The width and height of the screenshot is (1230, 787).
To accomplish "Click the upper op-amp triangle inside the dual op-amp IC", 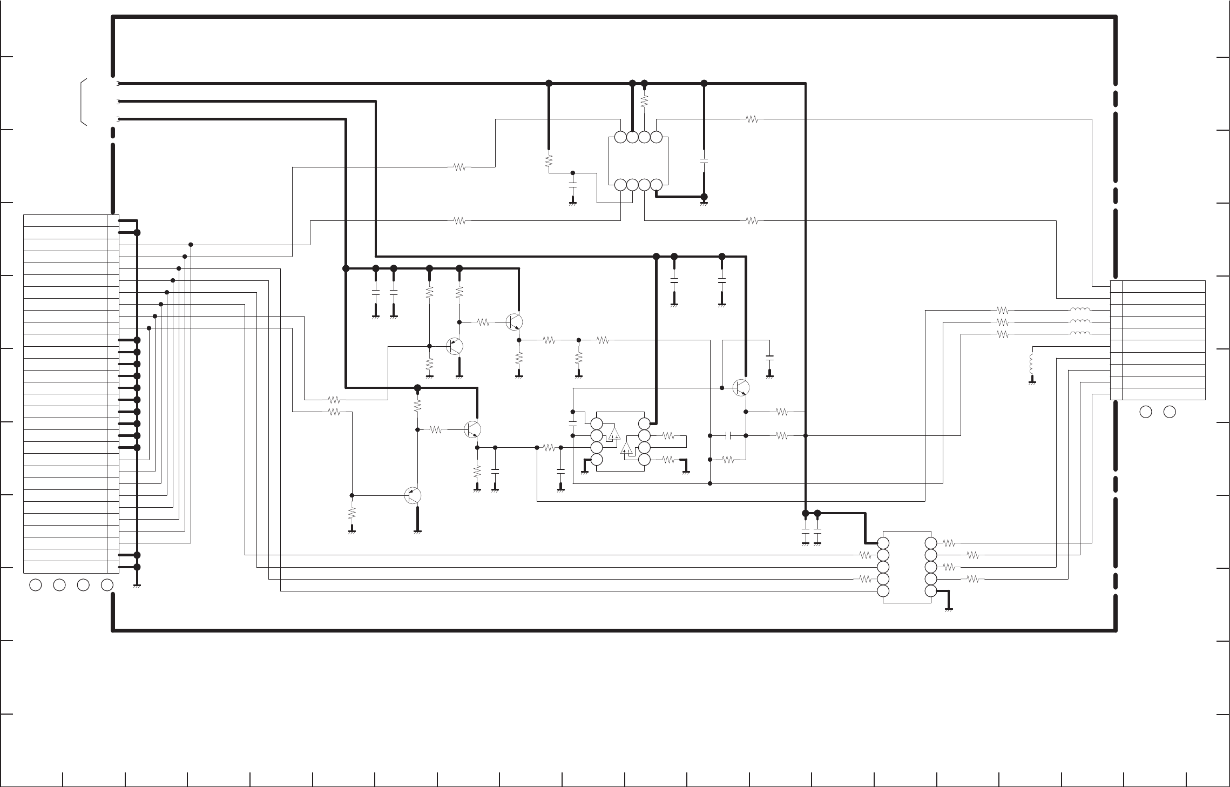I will [x=614, y=434].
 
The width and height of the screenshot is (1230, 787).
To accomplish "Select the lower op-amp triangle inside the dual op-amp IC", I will [x=627, y=448].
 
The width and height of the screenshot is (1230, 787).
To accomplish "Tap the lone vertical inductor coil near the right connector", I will [x=1032, y=364].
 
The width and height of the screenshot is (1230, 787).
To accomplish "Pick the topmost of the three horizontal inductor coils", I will [x=1080, y=310].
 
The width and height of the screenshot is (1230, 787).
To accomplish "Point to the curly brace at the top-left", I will [x=84, y=102].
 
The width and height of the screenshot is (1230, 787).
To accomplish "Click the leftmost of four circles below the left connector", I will [x=36, y=584].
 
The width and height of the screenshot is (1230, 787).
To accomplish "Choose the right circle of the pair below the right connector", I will [x=1170, y=412].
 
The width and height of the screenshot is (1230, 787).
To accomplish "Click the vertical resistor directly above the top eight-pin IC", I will [x=644, y=101].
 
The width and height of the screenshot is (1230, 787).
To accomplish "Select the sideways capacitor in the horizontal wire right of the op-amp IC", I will [x=728, y=435].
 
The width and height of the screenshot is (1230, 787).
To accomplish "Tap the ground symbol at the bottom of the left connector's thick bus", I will [x=137, y=586].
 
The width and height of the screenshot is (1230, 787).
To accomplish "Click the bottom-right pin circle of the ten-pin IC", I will [x=930, y=591].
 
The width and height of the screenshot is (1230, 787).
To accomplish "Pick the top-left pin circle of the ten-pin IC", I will [x=883, y=543].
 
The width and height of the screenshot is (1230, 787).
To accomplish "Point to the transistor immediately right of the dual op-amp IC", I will [x=741, y=387].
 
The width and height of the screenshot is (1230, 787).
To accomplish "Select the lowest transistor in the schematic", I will [x=413, y=495].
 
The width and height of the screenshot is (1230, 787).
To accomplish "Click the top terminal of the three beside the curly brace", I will [x=118, y=84].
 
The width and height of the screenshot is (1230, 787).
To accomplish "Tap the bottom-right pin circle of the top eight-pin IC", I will [x=656, y=185].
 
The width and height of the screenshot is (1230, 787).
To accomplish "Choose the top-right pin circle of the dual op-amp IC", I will [x=644, y=423].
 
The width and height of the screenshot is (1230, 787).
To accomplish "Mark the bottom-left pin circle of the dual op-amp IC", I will [x=597, y=460].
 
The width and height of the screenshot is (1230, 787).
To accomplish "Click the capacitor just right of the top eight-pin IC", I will [x=704, y=161].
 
